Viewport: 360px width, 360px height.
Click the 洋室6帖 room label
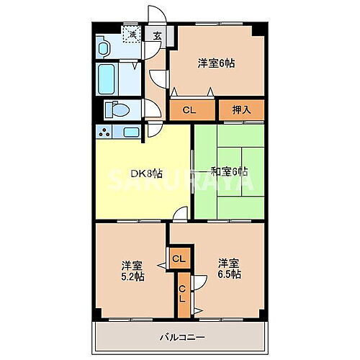[216, 63]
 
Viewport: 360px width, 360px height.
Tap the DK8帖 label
[145, 174]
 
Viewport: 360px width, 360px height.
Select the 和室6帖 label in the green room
[229, 171]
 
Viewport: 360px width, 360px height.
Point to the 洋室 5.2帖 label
[132, 270]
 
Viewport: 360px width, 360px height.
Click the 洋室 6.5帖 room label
[229, 268]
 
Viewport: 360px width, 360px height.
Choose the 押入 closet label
[241, 110]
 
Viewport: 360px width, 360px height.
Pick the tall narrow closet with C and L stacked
[182, 293]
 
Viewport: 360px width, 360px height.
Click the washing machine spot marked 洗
[131, 34]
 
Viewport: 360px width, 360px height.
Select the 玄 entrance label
[156, 35]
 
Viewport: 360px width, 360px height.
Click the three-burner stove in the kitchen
[104, 132]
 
